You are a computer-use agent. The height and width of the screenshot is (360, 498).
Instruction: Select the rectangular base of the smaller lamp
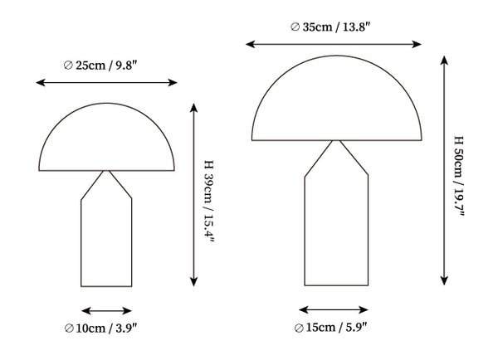pos(107,245)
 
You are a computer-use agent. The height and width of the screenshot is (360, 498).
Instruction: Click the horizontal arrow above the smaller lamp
pos(107,82)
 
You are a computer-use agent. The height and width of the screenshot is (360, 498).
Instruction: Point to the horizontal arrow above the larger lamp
pos(336,43)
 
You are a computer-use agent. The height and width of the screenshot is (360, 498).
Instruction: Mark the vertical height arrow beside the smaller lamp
pos(193,195)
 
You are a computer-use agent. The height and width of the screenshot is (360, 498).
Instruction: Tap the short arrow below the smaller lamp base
pos(107,311)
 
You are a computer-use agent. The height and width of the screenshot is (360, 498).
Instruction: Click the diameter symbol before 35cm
pos(295,27)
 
